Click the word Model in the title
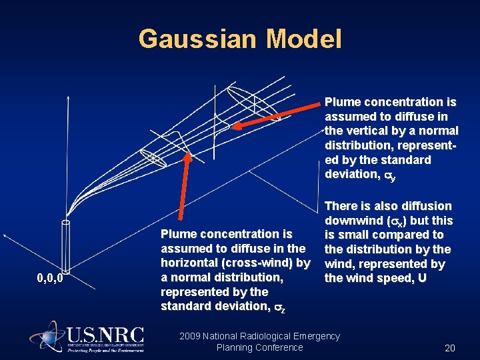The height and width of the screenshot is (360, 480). (x=303, y=39)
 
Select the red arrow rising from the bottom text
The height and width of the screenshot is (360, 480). (x=184, y=190)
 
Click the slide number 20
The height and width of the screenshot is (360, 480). (x=449, y=347)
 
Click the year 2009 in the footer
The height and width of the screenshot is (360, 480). (x=191, y=336)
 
